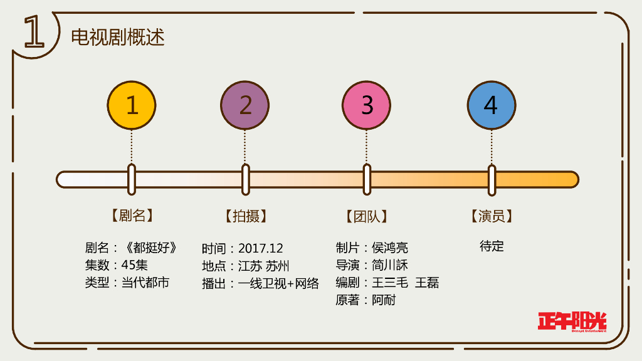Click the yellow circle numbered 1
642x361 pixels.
tap(132, 105)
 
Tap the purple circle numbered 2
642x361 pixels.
tap(245, 105)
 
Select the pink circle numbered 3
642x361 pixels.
tap(367, 105)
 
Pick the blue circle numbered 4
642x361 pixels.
tap(492, 105)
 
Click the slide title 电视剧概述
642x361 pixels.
tap(118, 37)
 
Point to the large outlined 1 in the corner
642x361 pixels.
tap(34, 33)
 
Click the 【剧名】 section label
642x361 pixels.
tap(132, 216)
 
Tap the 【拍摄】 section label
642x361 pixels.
tap(245, 216)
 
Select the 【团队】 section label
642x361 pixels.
tap(367, 216)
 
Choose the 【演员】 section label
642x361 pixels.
tap(492, 216)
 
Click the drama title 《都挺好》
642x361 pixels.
tap(150, 248)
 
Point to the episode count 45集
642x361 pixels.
tap(135, 265)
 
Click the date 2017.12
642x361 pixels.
tap(261, 248)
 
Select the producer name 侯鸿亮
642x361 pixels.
tap(390, 248)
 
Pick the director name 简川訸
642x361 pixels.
tap(390, 265)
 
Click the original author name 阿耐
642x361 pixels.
tap(384, 300)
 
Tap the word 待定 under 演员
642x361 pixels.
tap(492, 246)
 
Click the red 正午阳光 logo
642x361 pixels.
tap(572, 321)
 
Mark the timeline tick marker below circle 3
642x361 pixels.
tap(367, 180)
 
